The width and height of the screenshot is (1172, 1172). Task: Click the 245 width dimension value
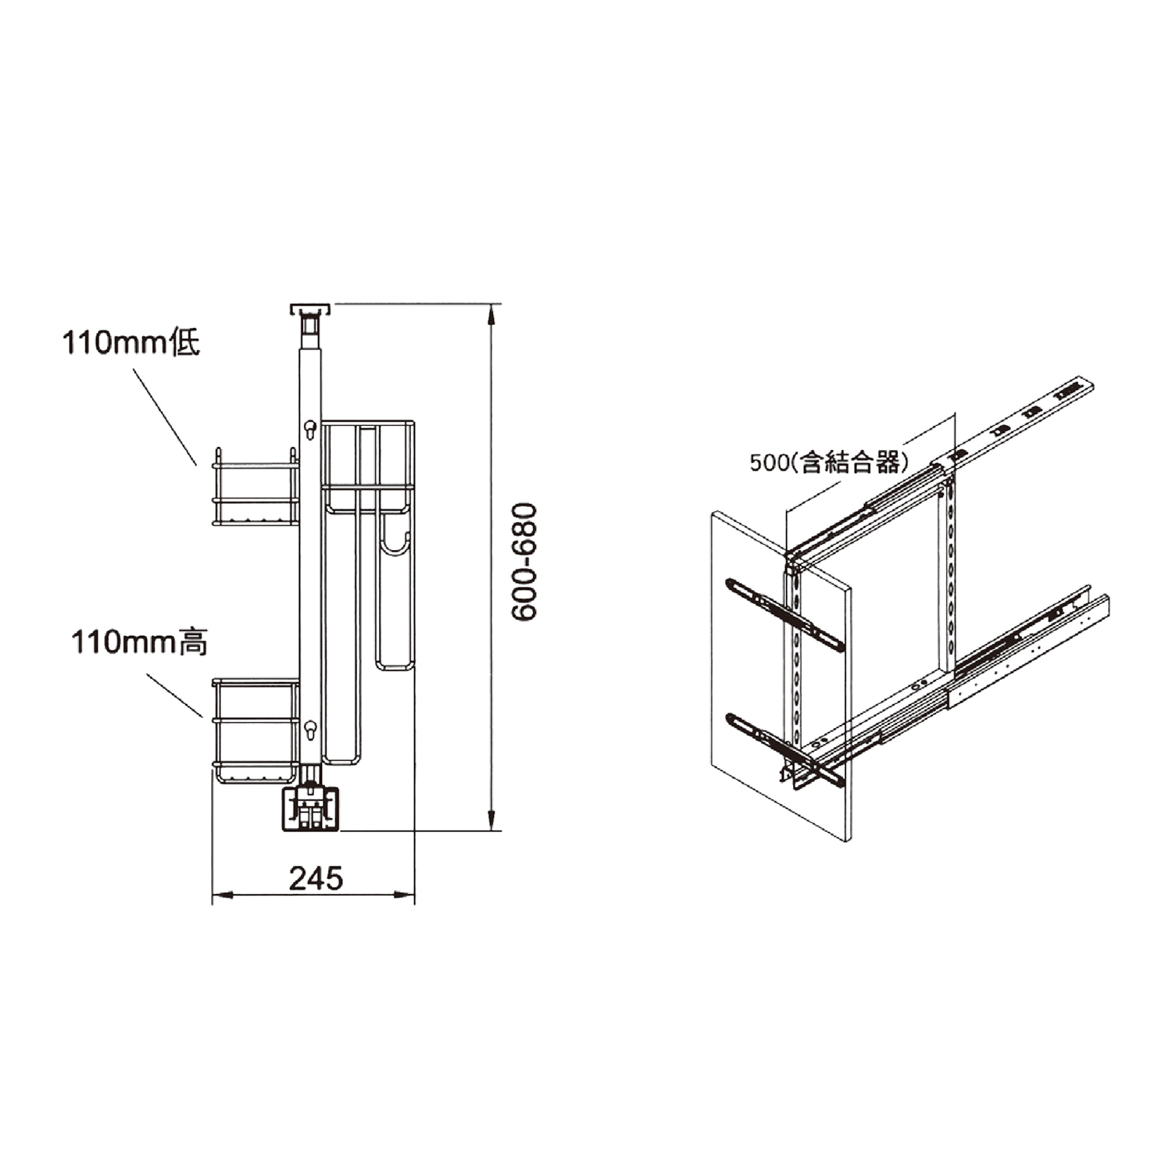[x=316, y=878]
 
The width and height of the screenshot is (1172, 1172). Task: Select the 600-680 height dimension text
[x=525, y=562]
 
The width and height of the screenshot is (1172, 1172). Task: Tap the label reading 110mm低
[x=131, y=343]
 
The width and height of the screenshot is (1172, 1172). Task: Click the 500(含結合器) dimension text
[x=829, y=463]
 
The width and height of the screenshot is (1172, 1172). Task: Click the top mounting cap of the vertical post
[x=311, y=309]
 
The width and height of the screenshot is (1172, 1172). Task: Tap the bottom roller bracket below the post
[x=311, y=809]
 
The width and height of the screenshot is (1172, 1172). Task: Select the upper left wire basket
[x=255, y=488]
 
